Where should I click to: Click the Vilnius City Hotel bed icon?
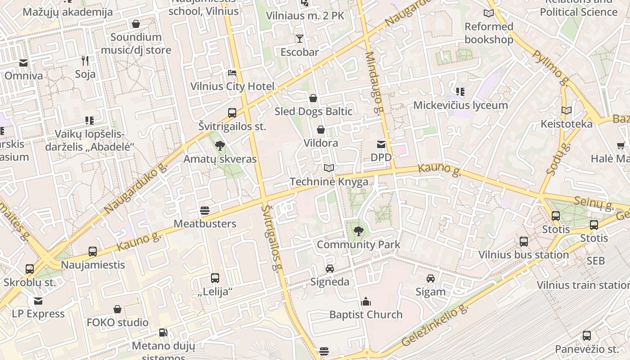pos(232,73)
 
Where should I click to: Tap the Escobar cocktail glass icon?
pos(299,39)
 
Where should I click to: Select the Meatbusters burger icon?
pos(205,211)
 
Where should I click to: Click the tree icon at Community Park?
pos(358,231)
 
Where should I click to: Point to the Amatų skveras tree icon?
pos(220,145)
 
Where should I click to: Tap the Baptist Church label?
pos(366,315)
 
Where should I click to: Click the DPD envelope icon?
pos(381,144)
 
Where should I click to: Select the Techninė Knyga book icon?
pos(329,168)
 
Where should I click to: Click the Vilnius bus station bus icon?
pos(523,242)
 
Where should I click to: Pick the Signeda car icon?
pos(330,269)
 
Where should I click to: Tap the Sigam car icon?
pos(431,279)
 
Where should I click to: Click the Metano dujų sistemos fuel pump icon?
pos(163,333)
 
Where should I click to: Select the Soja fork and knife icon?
pos(85,60)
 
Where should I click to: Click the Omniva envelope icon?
pos(23,63)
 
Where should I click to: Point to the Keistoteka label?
pos(567,124)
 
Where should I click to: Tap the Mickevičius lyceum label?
pos(460,105)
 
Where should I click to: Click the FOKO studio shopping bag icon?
pos(117,310)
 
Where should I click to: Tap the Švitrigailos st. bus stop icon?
pos(232,113)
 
